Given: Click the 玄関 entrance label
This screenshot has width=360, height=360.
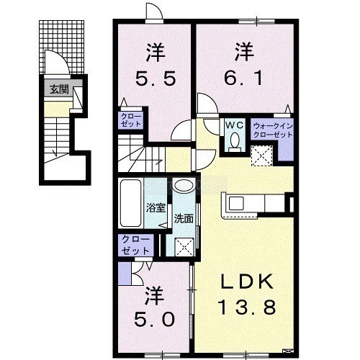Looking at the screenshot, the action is click(59, 89).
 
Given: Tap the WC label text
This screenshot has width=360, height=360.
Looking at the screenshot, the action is click(234, 125).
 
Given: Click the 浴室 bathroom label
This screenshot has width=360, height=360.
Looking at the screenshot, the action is click(156, 207).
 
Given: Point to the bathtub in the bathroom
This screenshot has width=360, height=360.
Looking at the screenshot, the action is click(130, 203).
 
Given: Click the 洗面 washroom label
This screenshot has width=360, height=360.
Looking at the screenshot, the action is click(184, 218).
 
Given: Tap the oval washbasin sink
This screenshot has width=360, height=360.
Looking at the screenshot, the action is click(184, 186).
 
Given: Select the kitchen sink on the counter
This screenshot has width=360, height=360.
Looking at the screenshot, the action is click(236, 203).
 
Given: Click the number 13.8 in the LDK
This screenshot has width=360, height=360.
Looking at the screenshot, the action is click(247, 307).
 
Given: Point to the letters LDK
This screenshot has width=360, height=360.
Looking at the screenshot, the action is click(247, 282).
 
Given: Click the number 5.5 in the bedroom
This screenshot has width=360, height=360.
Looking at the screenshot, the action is click(156, 78).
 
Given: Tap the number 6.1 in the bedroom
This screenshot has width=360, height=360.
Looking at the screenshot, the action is click(243, 78).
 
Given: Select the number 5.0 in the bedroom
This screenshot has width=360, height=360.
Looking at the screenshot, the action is click(154, 320).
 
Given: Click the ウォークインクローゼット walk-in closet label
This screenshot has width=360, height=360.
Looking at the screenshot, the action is click(273, 130).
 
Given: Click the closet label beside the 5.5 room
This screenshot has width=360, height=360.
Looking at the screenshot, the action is click(131, 120).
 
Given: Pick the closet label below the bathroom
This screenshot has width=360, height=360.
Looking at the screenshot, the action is click(135, 246).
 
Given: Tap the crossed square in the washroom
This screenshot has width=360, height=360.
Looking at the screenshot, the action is click(184, 247).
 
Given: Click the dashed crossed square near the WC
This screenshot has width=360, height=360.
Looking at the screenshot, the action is click(262, 156).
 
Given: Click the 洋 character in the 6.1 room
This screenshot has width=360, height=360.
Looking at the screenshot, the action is click(244, 52).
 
